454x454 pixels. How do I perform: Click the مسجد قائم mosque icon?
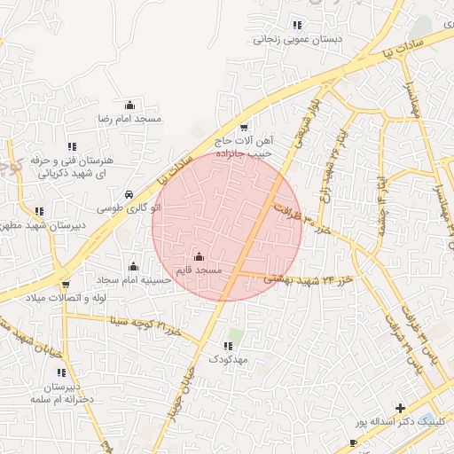(x=198, y=257)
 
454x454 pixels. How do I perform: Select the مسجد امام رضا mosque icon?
(x=130, y=106)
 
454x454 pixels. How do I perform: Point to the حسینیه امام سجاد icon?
(x=134, y=266)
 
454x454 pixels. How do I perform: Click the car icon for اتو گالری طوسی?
(x=129, y=194)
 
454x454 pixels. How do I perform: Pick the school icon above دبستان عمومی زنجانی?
(x=297, y=26)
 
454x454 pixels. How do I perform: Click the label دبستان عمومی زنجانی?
(x=286, y=39)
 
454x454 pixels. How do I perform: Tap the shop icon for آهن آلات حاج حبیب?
(x=244, y=127)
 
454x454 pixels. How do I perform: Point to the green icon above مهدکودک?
(x=231, y=345)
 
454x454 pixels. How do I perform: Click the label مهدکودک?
(x=231, y=359)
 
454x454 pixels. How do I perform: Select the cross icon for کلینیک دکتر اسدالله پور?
(x=400, y=409)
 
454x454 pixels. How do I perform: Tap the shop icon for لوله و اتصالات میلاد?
(x=65, y=285)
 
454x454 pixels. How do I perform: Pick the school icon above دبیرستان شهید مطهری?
(x=39, y=211)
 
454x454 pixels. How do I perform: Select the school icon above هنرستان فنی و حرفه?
(x=71, y=147)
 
